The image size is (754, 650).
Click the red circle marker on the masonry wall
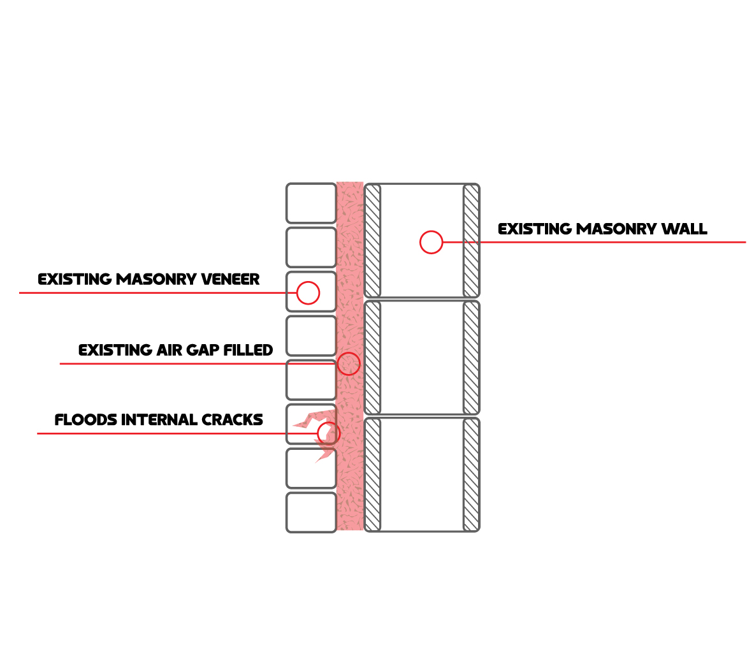[431, 242]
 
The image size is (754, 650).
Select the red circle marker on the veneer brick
[308, 292]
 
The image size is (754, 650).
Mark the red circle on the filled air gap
[349, 364]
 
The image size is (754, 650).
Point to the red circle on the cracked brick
[328, 433]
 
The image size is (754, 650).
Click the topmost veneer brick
[311, 203]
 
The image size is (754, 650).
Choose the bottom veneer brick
[311, 512]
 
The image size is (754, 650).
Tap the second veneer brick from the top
[311, 247]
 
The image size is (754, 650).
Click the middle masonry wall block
[422, 357]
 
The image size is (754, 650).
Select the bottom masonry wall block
[422, 475]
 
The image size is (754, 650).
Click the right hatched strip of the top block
[471, 241]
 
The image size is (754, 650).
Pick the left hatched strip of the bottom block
[373, 475]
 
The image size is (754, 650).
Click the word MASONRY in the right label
[615, 229]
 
